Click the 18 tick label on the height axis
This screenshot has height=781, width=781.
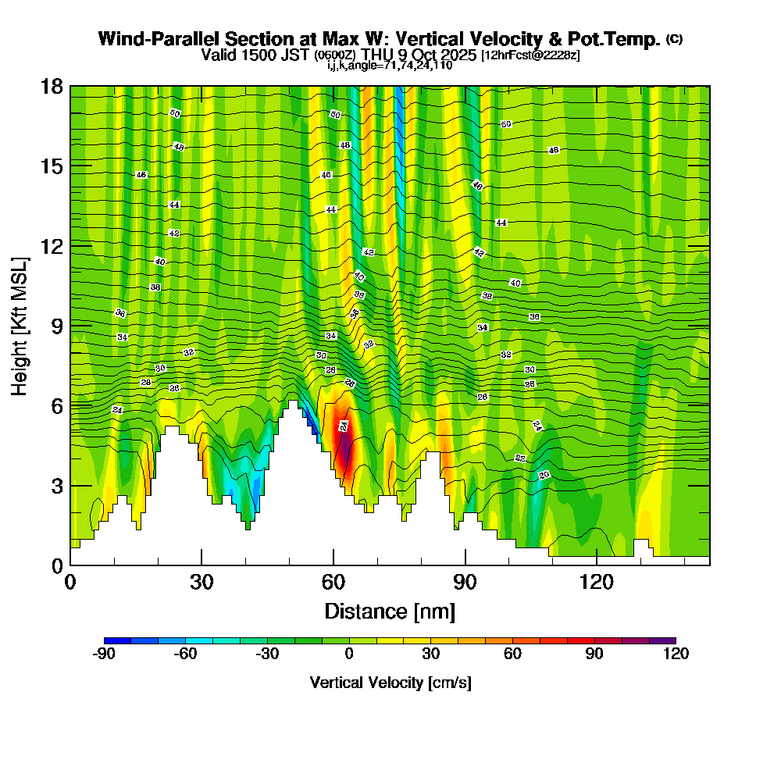52,86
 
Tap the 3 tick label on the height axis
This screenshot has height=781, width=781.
56,485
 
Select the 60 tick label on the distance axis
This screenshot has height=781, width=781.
333,582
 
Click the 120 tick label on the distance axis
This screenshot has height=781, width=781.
597,582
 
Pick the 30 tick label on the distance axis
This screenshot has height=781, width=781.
201,582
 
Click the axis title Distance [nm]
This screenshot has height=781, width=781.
390,611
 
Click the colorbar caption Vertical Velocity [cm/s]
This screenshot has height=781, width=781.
390,683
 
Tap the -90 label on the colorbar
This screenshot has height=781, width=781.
104,654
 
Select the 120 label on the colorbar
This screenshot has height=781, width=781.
676,654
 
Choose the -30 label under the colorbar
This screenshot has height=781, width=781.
268,654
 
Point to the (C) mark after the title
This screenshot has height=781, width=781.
674,39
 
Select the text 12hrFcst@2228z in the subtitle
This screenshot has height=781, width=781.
530,55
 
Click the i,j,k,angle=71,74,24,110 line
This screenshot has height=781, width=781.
390,66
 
